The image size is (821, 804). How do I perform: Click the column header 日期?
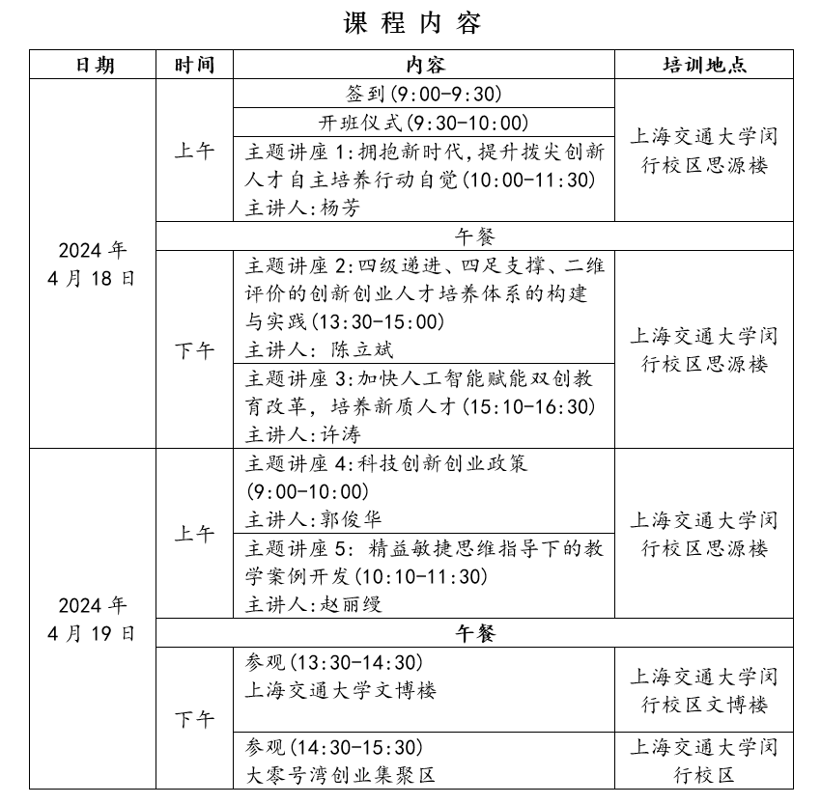point(94,65)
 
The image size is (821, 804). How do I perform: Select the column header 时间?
point(194,65)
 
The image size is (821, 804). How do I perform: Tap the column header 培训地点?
point(704,65)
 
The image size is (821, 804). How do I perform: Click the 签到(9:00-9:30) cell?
point(424,94)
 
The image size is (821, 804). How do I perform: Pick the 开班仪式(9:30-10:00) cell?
point(424,123)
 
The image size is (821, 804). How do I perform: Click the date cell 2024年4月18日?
point(93,264)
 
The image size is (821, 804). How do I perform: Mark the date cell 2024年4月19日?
point(93,620)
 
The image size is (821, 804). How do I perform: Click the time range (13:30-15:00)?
point(386,321)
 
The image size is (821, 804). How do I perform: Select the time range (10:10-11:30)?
point(421,577)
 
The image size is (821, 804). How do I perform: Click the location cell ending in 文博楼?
point(704,690)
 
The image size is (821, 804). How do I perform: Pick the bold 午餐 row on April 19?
point(474,633)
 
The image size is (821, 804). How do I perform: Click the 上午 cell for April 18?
point(194,151)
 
